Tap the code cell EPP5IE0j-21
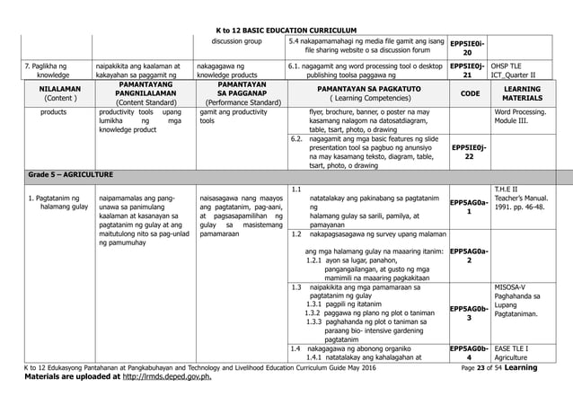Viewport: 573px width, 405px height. coord(468,70)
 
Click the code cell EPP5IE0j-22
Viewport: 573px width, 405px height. coord(468,149)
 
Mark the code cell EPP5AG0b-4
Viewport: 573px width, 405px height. coord(468,352)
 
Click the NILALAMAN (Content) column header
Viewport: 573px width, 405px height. coord(57,92)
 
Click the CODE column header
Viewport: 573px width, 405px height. coord(469,92)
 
